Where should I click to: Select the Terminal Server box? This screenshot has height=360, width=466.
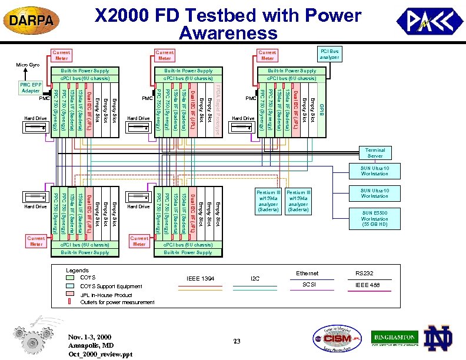[x=375, y=154]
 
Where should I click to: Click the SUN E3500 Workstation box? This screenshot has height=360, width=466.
[x=375, y=219]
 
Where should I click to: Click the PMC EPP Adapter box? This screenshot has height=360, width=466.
[x=30, y=88]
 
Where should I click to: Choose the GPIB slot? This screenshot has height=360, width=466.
[x=321, y=111]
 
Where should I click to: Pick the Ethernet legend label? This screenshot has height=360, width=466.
[x=307, y=273]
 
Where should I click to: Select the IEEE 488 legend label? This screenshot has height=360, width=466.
[x=367, y=285]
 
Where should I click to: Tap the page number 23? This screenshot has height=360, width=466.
[x=235, y=342]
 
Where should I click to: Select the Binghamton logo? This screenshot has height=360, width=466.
[x=394, y=337]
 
